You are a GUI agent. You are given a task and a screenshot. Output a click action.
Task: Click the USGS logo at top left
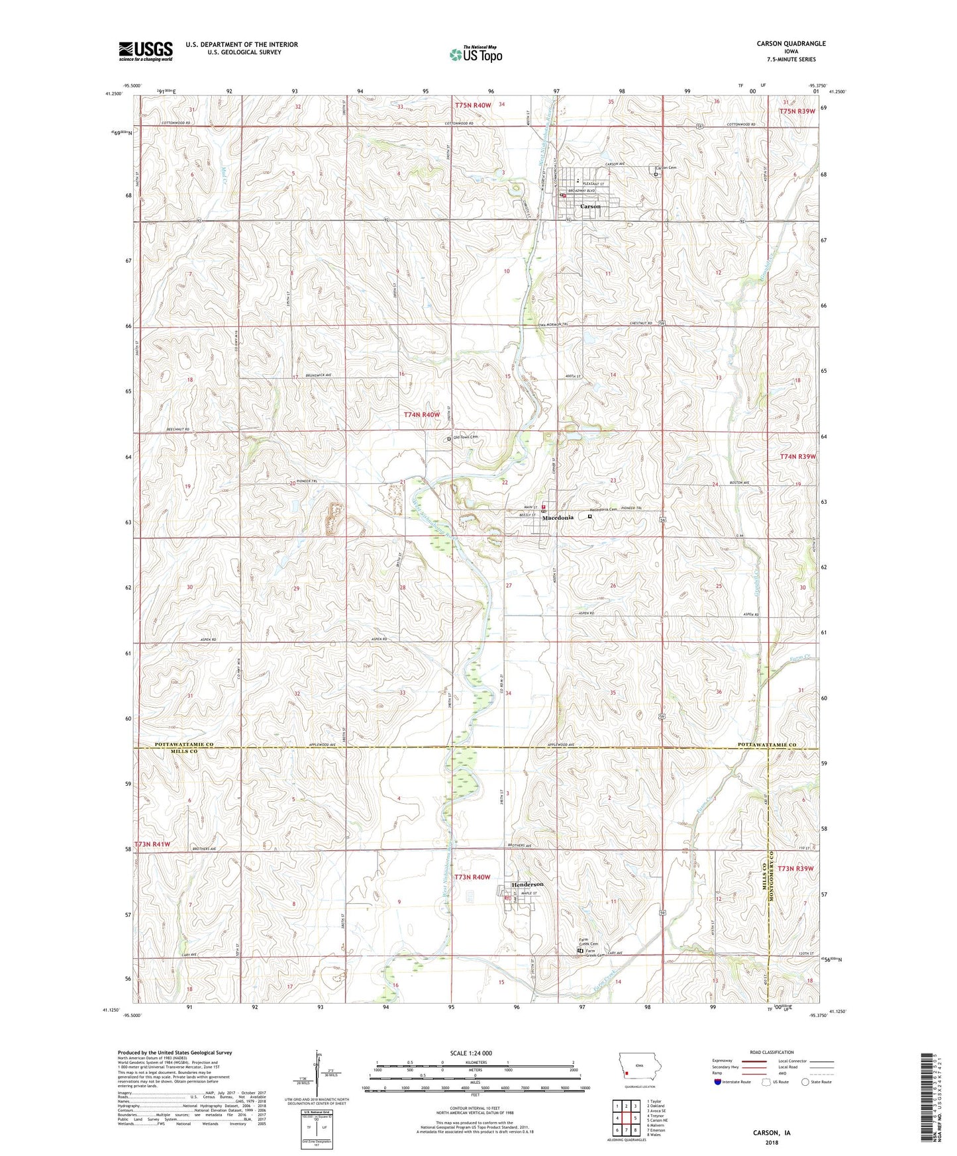click(146, 50)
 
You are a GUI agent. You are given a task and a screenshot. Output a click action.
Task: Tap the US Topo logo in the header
click(476, 54)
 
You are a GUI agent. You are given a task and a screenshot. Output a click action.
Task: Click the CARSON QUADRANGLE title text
click(791, 44)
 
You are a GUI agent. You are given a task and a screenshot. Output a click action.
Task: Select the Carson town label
click(590, 207)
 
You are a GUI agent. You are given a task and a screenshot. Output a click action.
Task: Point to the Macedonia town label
click(558, 517)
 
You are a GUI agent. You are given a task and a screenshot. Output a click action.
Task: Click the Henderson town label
click(527, 885)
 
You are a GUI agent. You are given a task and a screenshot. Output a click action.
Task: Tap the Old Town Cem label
click(466, 437)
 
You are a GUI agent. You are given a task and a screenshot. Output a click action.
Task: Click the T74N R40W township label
click(422, 414)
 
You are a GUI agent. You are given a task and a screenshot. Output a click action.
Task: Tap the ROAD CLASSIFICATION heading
click(772, 1052)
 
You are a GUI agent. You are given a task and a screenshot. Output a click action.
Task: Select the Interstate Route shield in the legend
click(719, 1083)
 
